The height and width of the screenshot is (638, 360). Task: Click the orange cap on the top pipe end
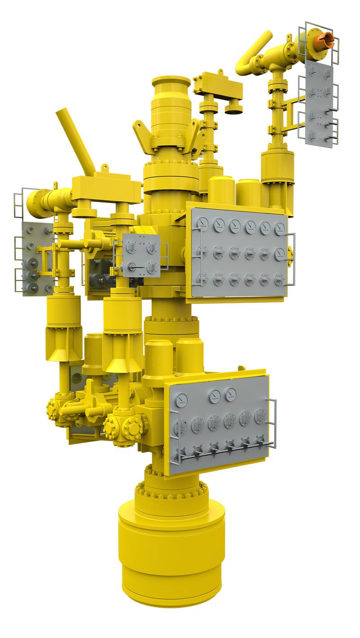click(324, 40)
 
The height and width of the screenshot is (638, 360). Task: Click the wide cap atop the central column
click(171, 82)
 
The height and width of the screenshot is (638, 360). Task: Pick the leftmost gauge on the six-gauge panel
click(203, 222)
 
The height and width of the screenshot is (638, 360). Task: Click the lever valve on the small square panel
click(132, 267)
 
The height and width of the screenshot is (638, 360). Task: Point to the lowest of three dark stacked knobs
click(32, 287)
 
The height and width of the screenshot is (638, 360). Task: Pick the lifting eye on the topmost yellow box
click(220, 72)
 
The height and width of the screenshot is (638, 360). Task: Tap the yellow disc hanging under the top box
click(234, 108)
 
